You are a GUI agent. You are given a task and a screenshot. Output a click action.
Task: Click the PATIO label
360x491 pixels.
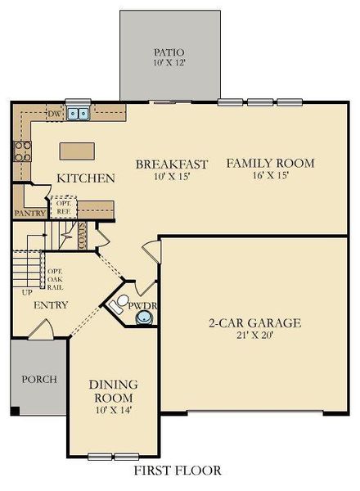pos(169,52)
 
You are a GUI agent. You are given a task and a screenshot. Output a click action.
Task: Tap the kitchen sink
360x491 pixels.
pos(79,114)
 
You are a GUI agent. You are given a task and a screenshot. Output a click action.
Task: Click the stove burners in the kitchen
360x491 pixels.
pos(22,150)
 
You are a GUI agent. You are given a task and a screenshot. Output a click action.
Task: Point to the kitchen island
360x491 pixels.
pos(76,151)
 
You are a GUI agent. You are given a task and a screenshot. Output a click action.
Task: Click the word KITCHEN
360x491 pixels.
pos(85,178)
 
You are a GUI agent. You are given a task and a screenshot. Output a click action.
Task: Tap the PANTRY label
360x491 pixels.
pos(29,213)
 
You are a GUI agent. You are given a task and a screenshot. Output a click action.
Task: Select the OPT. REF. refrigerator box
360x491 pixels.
pos(64,206)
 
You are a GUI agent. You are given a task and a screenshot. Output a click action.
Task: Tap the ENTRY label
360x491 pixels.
pos(51,305)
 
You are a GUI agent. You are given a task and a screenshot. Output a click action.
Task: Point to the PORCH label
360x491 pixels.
pos(37,380)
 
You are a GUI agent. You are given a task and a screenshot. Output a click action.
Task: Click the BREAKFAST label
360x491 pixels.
pos(172,164)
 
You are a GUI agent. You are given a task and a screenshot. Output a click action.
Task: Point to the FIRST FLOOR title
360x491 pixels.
pos(178,471)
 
